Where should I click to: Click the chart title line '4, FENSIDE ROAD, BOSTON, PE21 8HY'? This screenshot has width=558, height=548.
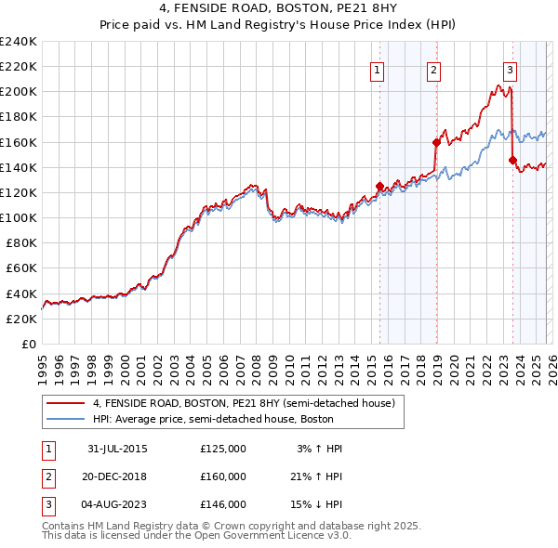(278, 9)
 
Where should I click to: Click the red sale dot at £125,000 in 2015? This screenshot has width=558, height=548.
(379, 186)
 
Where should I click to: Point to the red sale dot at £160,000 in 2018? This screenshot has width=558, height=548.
(435, 142)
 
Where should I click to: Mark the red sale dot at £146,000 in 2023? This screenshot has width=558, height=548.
(512, 160)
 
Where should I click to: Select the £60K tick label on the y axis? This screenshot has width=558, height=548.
(20, 268)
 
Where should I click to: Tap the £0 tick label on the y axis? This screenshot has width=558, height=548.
(28, 344)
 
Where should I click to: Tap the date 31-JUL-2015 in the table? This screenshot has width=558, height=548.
(117, 449)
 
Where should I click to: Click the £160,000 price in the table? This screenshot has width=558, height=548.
(223, 476)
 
